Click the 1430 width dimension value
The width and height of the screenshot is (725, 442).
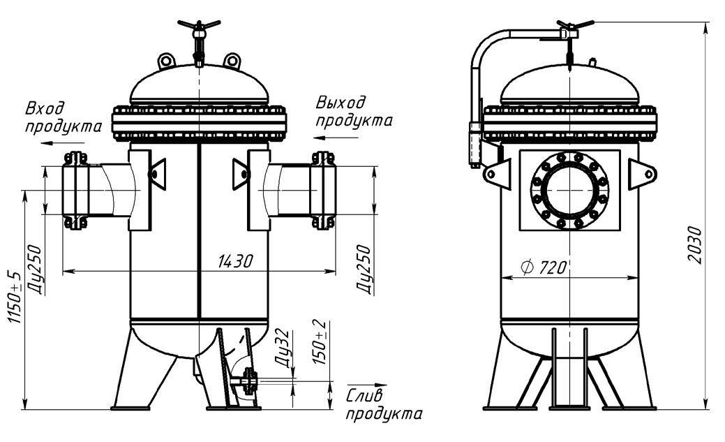[x=235, y=261]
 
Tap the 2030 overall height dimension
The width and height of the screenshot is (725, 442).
[x=695, y=245]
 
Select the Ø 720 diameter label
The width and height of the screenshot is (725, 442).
[x=544, y=267]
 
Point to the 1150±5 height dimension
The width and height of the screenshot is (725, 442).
[x=15, y=297]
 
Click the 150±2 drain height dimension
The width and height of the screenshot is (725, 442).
[x=320, y=342]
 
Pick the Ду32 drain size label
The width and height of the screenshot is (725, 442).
[x=283, y=348]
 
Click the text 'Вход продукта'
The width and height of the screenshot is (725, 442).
[x=63, y=117]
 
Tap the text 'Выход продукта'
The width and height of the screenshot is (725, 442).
[x=354, y=112]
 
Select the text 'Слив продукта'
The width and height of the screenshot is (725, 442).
[x=384, y=405]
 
